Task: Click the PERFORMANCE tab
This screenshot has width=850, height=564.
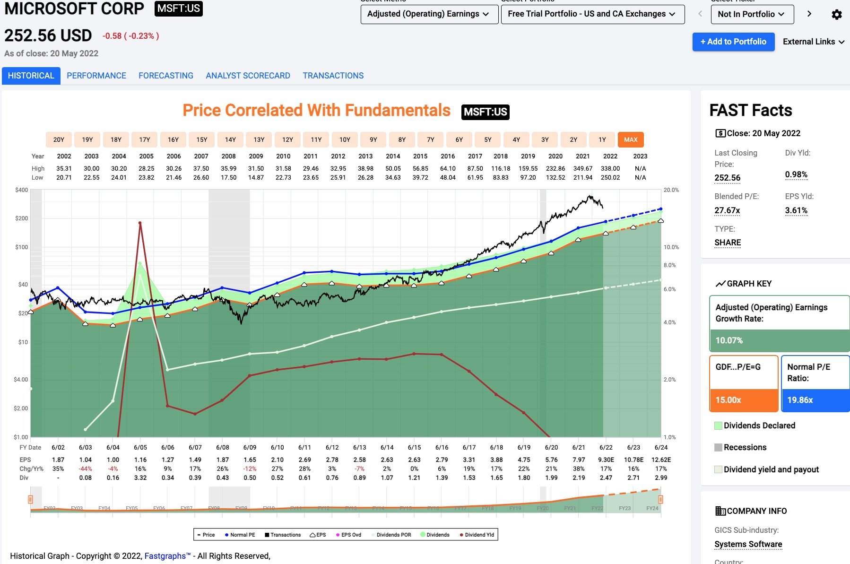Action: (96, 76)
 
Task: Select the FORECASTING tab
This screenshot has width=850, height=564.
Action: (165, 76)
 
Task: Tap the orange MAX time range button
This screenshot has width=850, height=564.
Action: (630, 139)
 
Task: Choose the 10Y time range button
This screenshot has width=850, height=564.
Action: (345, 139)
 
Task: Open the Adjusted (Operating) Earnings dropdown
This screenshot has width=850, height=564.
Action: (429, 14)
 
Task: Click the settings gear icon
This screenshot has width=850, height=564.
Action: (836, 15)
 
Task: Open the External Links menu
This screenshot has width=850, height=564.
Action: (813, 42)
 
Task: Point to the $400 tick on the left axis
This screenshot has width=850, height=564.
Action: (22, 190)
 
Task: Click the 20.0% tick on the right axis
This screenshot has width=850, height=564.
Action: (671, 190)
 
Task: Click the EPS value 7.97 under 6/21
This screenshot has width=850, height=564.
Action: (579, 460)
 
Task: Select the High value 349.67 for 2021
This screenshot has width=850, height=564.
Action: (582, 168)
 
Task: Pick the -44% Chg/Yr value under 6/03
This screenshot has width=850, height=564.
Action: (86, 469)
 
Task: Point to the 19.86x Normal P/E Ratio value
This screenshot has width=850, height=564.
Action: (800, 400)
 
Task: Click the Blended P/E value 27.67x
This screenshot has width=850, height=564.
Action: (727, 210)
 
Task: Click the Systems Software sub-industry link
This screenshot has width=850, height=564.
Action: (748, 544)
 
